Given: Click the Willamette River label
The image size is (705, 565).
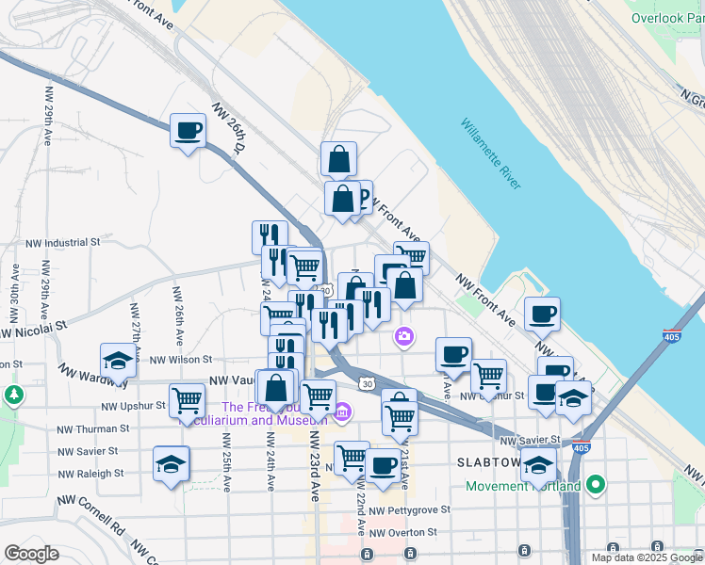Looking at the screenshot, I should [x=491, y=153].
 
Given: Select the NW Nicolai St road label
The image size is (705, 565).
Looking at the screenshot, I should [x=35, y=329].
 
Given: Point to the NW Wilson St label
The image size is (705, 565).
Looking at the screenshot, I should [x=180, y=359].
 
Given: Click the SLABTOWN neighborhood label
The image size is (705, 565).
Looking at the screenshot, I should [x=489, y=463].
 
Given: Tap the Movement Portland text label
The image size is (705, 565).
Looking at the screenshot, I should [x=524, y=486].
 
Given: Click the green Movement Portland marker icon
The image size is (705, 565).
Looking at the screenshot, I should [x=595, y=485].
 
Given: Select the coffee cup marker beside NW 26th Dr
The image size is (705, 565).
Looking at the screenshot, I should [x=188, y=130].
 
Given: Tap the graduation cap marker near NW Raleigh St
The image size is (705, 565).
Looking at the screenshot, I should [x=171, y=463].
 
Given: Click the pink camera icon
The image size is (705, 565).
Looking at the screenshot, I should [x=404, y=335].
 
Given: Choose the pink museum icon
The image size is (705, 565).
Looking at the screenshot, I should [x=342, y=412].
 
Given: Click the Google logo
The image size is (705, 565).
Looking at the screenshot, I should [x=32, y=553].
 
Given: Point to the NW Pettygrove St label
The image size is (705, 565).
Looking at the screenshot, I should [x=409, y=509].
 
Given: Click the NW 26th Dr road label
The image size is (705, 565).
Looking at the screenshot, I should [x=228, y=130].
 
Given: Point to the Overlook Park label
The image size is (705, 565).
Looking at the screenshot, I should [x=667, y=17].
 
